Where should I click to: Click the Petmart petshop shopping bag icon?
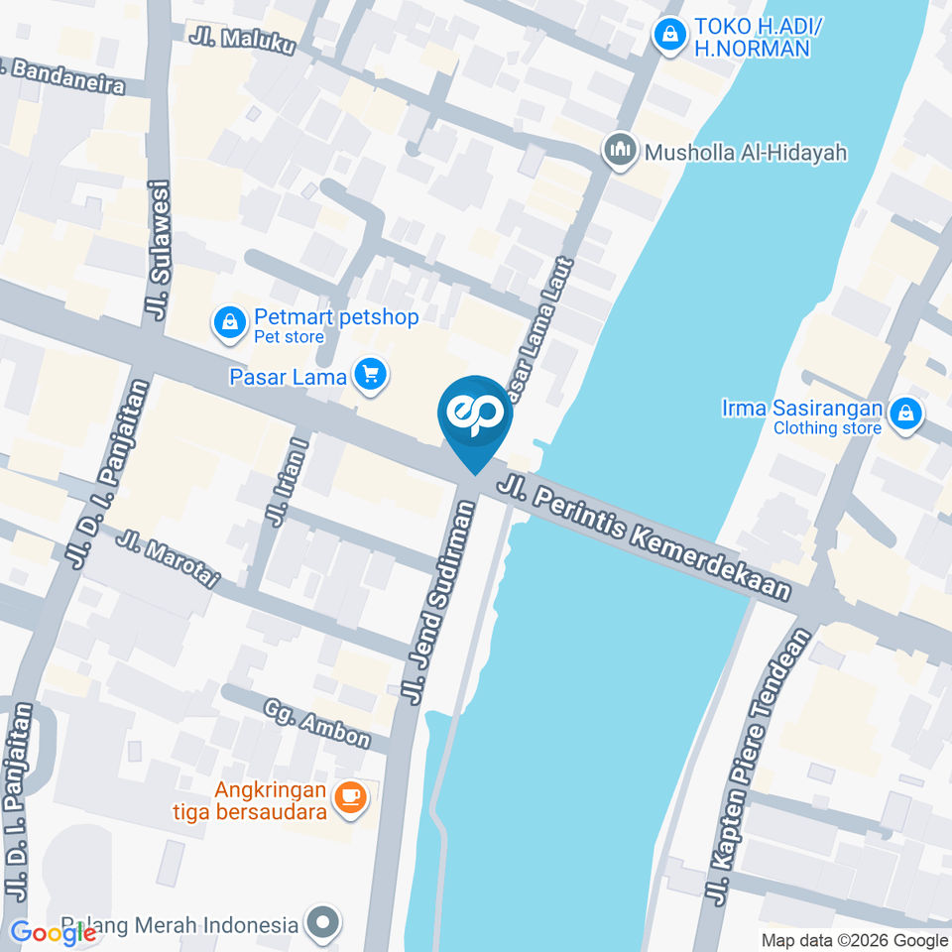[x=230, y=322]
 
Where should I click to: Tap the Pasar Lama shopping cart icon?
[x=372, y=376]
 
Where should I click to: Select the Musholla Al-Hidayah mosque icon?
[x=621, y=152]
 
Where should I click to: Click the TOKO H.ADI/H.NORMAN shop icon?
[x=671, y=36]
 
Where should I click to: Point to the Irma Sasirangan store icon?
[x=904, y=416]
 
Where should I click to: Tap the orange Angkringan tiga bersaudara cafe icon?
[x=349, y=795]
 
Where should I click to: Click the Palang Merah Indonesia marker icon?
[x=322, y=924]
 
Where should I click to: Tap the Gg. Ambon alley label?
[x=317, y=724]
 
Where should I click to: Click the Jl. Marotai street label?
[x=168, y=558]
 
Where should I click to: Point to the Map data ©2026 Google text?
[x=855, y=940]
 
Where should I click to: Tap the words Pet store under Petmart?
[x=289, y=337]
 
